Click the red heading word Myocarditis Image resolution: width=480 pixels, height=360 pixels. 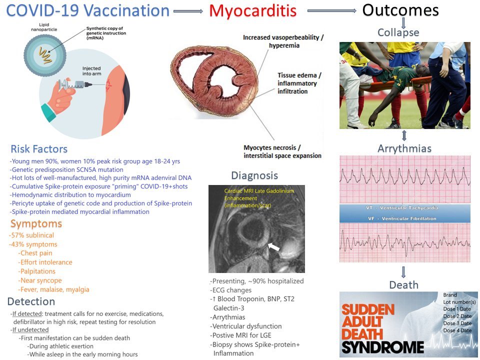point(253,10)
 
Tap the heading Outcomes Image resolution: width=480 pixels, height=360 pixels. point(400,10)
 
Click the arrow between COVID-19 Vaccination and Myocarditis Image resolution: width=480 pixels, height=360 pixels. point(188,11)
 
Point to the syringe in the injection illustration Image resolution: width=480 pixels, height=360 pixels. point(75,84)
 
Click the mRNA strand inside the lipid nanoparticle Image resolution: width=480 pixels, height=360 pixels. point(44,55)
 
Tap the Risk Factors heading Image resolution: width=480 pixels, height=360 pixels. point(39,149)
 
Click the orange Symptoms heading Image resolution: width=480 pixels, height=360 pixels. point(36,224)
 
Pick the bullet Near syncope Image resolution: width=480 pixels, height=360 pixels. point(40,280)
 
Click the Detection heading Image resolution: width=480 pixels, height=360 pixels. point(31,301)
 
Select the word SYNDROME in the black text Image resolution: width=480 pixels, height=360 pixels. point(382,347)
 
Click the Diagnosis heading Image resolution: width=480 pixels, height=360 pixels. point(254,175)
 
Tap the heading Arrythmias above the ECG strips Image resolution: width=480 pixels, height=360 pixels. point(404,148)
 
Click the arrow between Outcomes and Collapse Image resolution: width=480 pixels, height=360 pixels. point(403,22)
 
